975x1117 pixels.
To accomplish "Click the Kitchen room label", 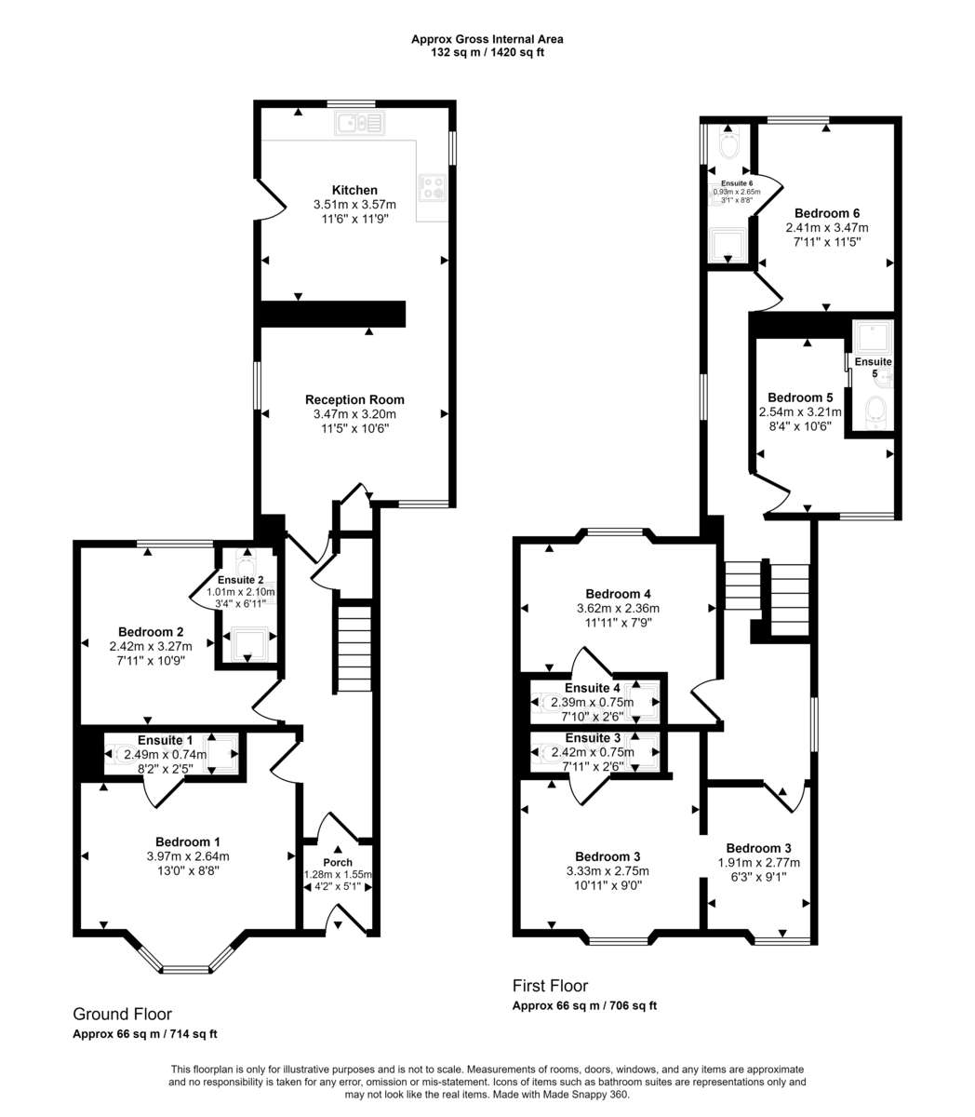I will click(x=354, y=190).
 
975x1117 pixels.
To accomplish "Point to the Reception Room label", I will click(x=354, y=399).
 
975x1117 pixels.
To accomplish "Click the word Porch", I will click(x=337, y=862).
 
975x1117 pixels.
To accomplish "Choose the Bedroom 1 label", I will click(x=187, y=841).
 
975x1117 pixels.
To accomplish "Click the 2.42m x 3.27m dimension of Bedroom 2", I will click(x=150, y=646).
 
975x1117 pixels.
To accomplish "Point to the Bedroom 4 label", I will click(x=618, y=594).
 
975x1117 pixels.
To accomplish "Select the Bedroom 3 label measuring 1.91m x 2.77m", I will click(x=758, y=848).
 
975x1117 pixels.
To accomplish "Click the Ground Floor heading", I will click(x=122, y=1015).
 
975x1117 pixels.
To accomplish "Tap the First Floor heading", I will click(x=550, y=986).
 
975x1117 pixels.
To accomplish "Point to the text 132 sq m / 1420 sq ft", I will click(x=487, y=53).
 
